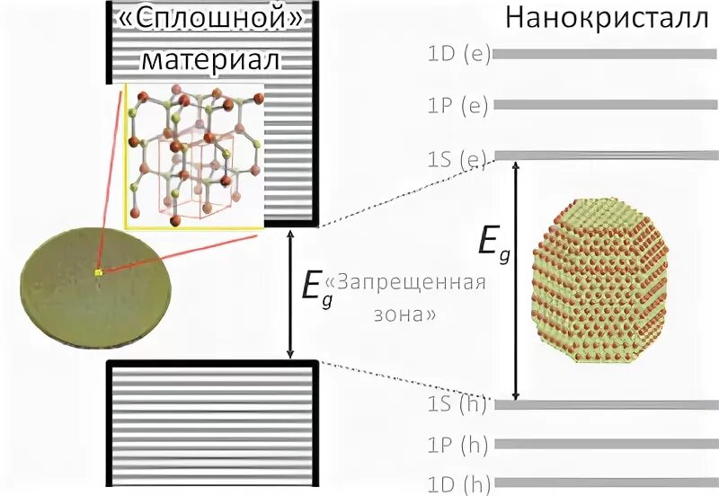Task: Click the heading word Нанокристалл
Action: click(608, 20)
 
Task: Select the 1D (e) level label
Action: click(457, 53)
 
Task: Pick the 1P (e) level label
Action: click(457, 105)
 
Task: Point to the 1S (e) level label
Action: click(457, 159)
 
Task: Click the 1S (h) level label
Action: click(457, 404)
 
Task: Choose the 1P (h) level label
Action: click(457, 444)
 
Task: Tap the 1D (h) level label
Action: click(457, 483)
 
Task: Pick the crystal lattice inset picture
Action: click(194, 156)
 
